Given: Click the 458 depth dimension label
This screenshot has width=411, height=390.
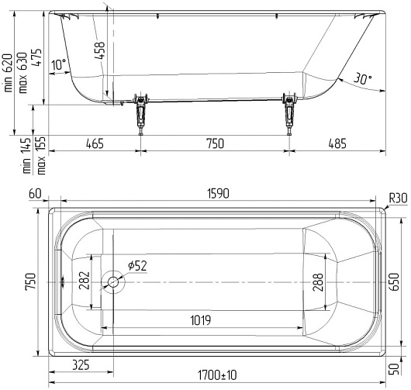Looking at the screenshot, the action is (x=99, y=50).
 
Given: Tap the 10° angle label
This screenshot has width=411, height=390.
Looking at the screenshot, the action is (x=58, y=64).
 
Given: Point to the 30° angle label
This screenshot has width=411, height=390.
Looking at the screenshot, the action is (x=362, y=78).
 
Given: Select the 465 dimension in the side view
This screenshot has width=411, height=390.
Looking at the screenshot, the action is (x=95, y=143).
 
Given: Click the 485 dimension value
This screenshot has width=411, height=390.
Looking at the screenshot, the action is (x=337, y=143).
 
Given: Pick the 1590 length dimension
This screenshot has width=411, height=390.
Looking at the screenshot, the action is (x=218, y=194).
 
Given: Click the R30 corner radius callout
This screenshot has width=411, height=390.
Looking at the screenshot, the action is (x=398, y=198).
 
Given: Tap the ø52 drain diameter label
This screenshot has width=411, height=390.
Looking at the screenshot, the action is (x=137, y=266).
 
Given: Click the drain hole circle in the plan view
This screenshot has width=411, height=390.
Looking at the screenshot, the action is (x=113, y=282).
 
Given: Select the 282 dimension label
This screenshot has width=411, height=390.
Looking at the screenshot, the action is (x=85, y=281).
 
